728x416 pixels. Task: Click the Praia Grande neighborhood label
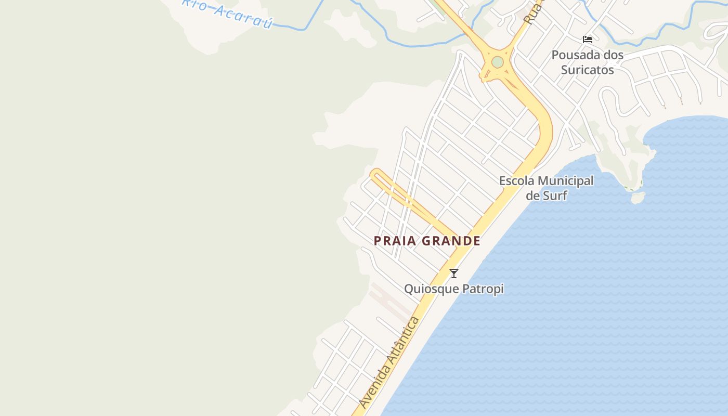[x=427, y=241]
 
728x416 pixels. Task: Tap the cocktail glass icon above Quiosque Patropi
[x=454, y=273]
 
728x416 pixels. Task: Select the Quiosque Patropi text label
[x=454, y=289]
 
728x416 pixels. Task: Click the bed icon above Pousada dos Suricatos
[x=588, y=39]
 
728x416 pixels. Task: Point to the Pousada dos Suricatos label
[x=588, y=62]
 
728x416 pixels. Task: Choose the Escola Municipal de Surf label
[x=546, y=188]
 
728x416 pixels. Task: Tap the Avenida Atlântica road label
[x=389, y=362]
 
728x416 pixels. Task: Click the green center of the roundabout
[x=498, y=62]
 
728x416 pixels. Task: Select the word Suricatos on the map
[x=588, y=70]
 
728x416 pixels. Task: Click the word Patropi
[x=481, y=289]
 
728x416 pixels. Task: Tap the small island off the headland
[x=638, y=198]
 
